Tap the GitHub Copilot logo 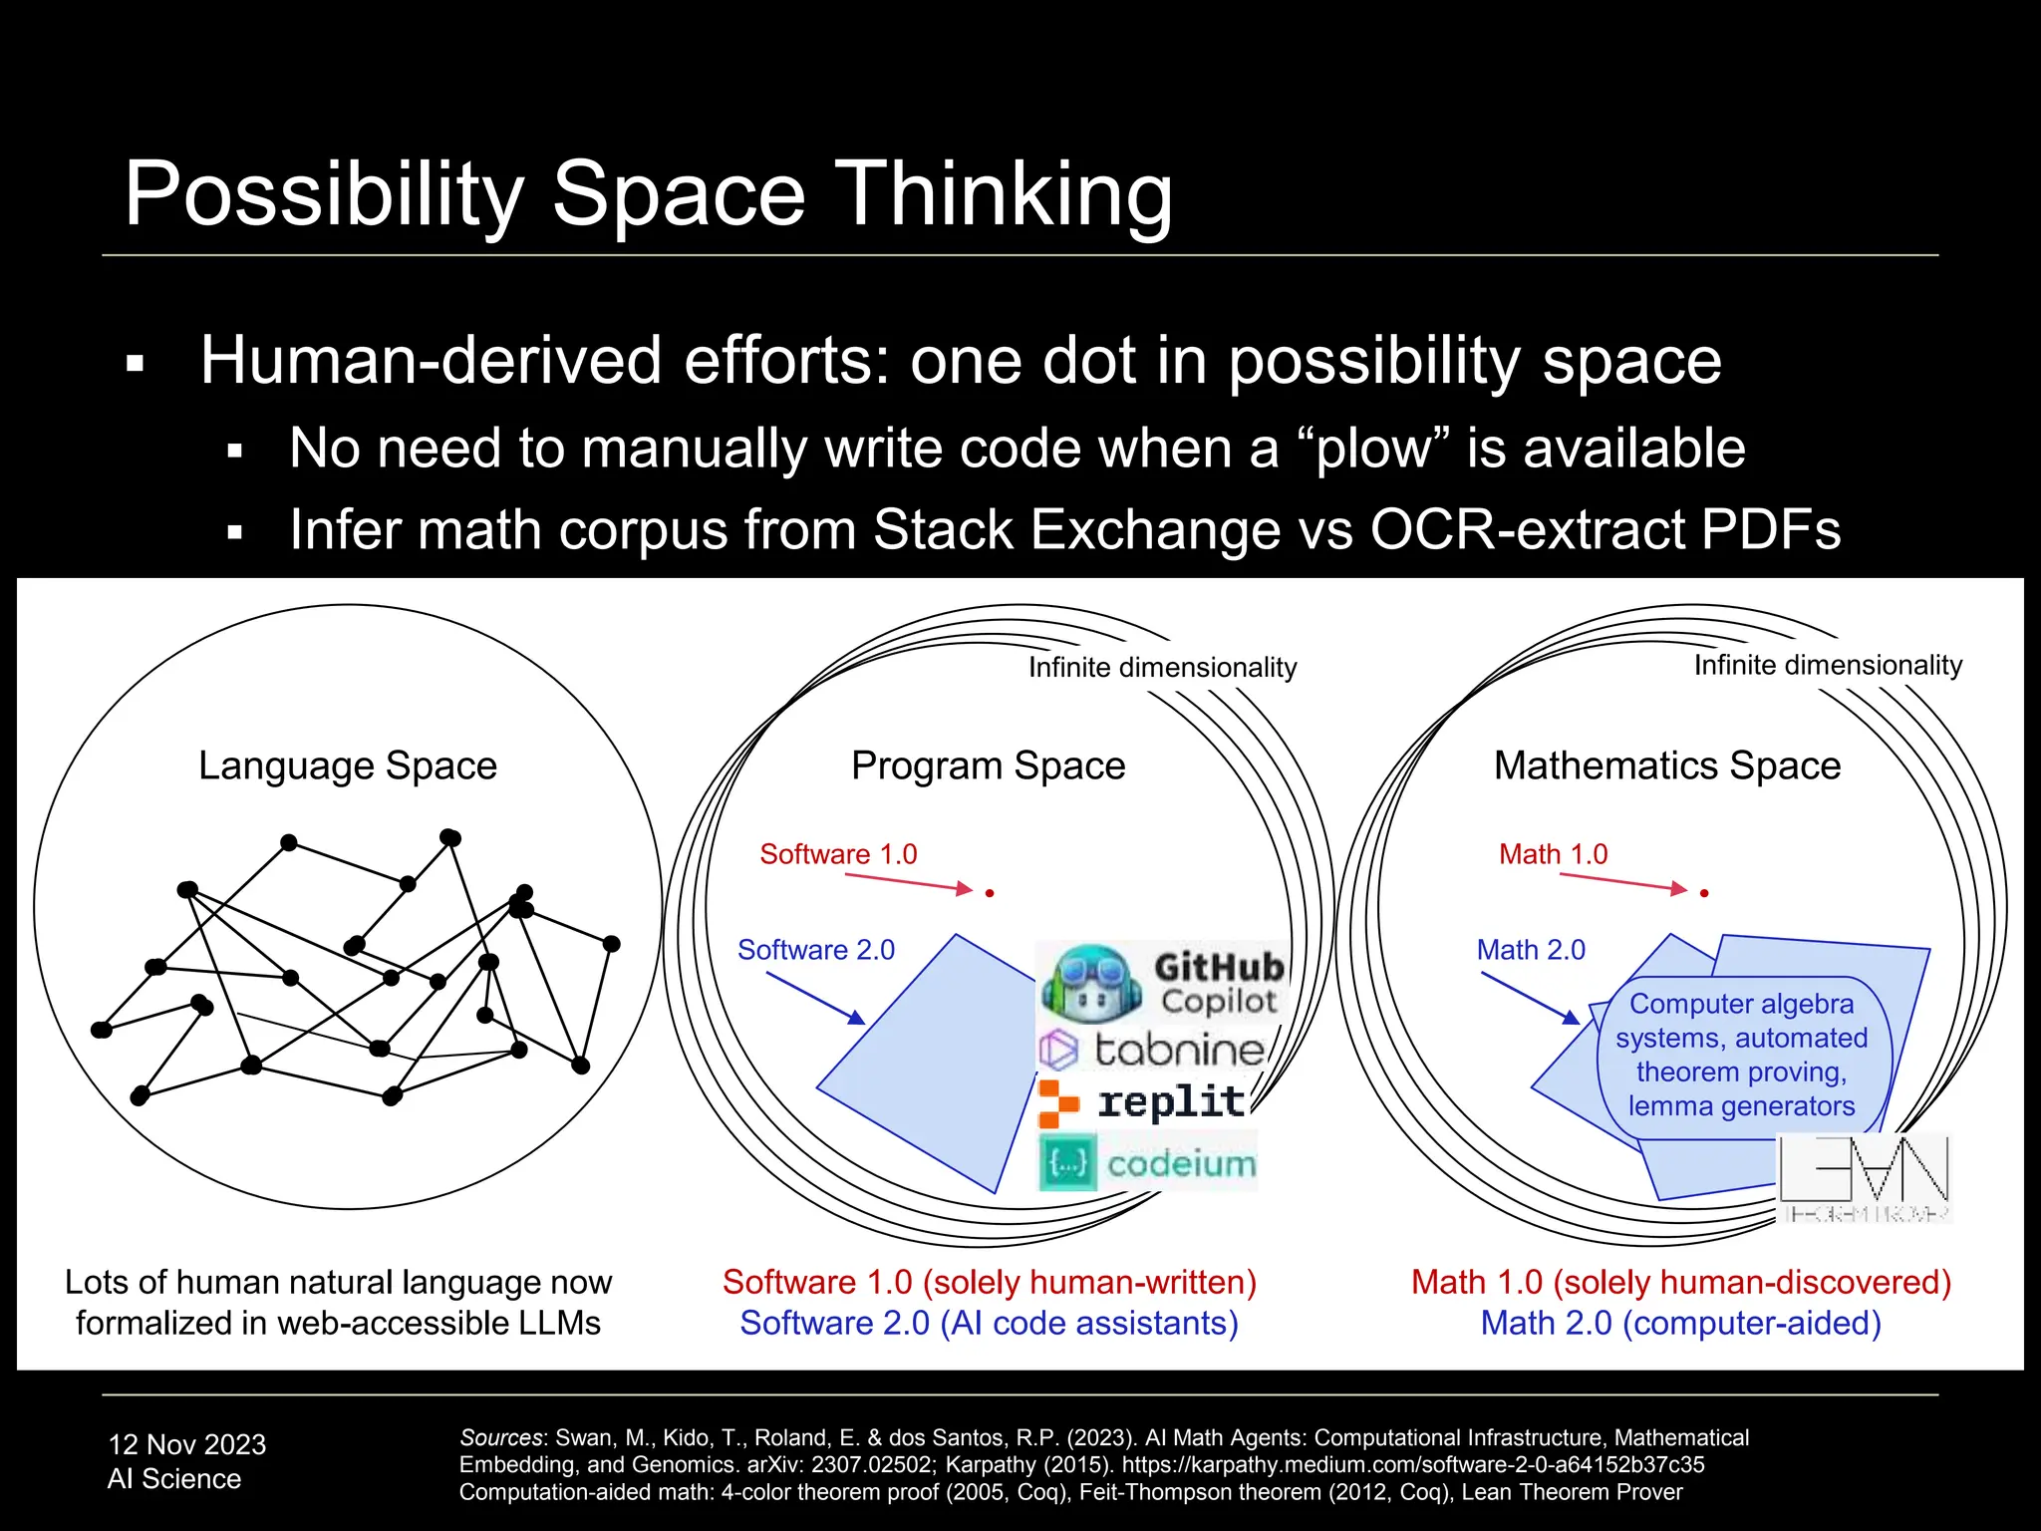point(1162,982)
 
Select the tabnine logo point(1152,1050)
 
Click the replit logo point(1143,1102)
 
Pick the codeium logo point(1148,1162)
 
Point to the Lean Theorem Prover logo point(1864,1176)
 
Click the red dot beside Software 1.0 point(990,893)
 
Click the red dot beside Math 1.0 point(1704,893)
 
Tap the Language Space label point(348,765)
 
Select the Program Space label point(988,765)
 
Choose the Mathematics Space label point(1667,765)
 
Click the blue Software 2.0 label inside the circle point(816,950)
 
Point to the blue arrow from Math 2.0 point(1530,997)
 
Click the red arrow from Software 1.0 point(907,882)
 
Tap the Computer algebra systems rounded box point(1742,1056)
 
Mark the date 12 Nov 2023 point(187,1444)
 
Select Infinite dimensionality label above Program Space point(1162,667)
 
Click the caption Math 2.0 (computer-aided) point(1680,1323)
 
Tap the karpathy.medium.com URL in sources point(1413,1464)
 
